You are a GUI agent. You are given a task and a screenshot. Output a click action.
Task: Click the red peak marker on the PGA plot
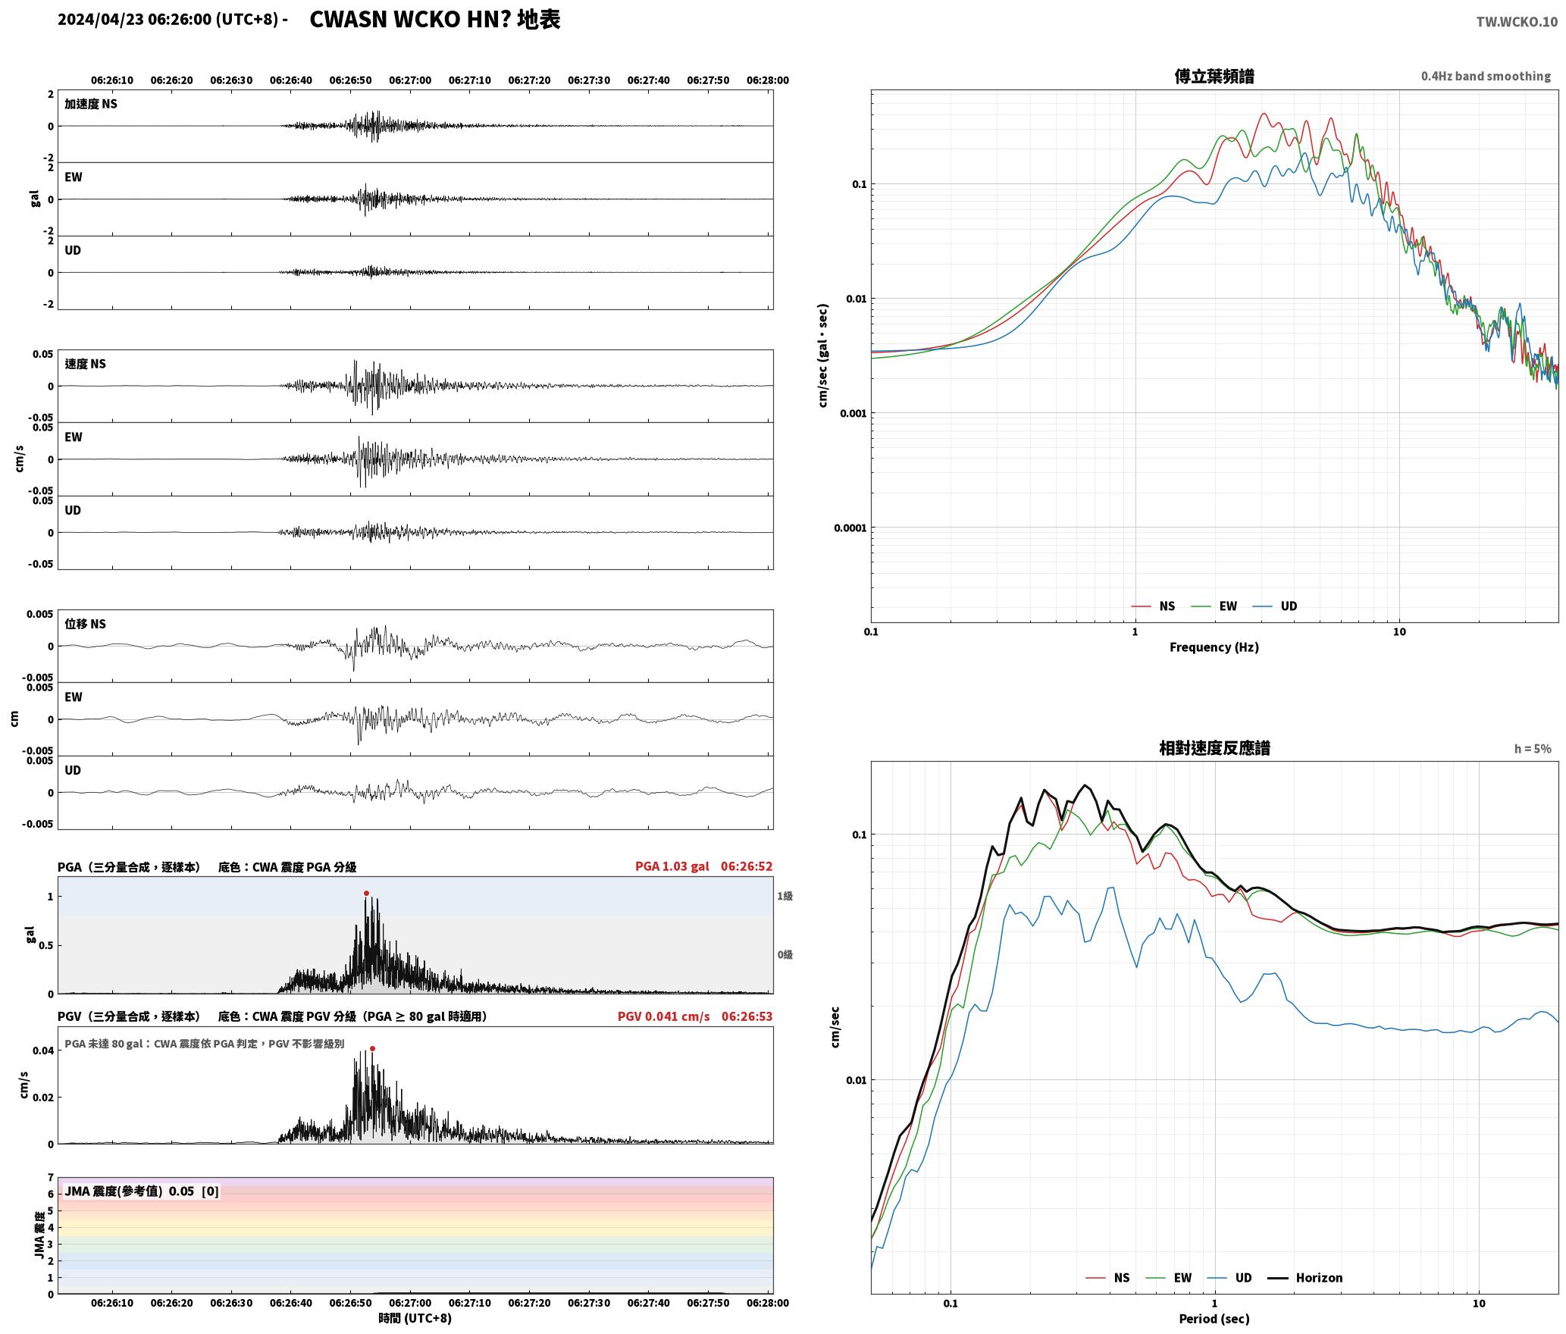point(366,894)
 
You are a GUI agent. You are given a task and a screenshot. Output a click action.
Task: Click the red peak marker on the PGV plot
point(372,1049)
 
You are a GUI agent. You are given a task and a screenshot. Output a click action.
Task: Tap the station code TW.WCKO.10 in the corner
point(1517,22)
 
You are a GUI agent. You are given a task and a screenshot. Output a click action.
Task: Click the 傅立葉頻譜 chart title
point(1214,76)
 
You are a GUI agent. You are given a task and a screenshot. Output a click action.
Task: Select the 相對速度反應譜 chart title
point(1214,748)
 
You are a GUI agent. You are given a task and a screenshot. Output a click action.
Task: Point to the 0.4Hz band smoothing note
point(1486,77)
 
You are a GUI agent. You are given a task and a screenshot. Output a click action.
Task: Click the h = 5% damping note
point(1533,749)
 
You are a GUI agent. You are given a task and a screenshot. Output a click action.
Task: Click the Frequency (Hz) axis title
point(1214,647)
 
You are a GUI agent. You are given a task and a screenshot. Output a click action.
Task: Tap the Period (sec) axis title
point(1214,1319)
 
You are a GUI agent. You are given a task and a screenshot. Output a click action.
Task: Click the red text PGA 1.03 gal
point(672,866)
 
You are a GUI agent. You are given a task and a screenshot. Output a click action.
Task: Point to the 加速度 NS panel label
point(91,104)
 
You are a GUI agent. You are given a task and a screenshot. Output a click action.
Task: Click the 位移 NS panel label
point(86,624)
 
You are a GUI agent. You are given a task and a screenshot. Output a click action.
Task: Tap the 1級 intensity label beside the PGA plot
point(785,896)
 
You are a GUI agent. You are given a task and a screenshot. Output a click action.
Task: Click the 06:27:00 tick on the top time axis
point(410,80)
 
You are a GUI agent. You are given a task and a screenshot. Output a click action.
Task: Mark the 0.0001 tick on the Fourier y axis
point(849,528)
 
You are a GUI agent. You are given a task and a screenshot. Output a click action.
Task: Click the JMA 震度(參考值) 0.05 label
point(130,1192)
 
